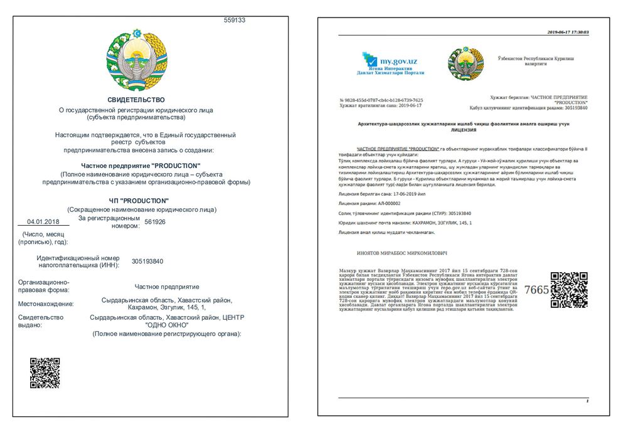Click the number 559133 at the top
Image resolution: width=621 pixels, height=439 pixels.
(235, 20)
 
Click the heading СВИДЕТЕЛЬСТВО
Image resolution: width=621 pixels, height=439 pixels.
(136, 100)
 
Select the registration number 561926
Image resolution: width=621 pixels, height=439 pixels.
(155, 221)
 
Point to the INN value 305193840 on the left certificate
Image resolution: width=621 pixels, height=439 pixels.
(147, 262)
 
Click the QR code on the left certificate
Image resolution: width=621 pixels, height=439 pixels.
(45, 373)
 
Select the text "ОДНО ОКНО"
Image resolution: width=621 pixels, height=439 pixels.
(167, 325)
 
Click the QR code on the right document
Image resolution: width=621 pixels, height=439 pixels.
(569, 290)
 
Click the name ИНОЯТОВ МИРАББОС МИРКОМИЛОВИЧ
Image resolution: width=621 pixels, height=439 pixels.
(393, 253)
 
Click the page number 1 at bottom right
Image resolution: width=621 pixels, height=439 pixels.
(586, 400)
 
